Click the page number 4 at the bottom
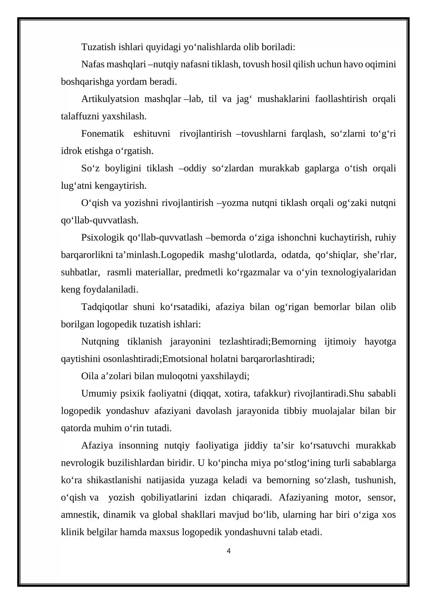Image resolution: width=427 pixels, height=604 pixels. pos(228,551)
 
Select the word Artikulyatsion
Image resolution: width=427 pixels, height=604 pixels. pos(110,99)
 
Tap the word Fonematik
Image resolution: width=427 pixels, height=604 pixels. pos(102,134)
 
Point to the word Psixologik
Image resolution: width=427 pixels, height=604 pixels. pos(103,238)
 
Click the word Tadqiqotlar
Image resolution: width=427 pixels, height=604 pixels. pos(105,307)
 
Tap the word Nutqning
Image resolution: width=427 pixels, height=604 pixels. pos(100,342)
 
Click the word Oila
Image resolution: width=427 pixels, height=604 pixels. pos(90,376)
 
